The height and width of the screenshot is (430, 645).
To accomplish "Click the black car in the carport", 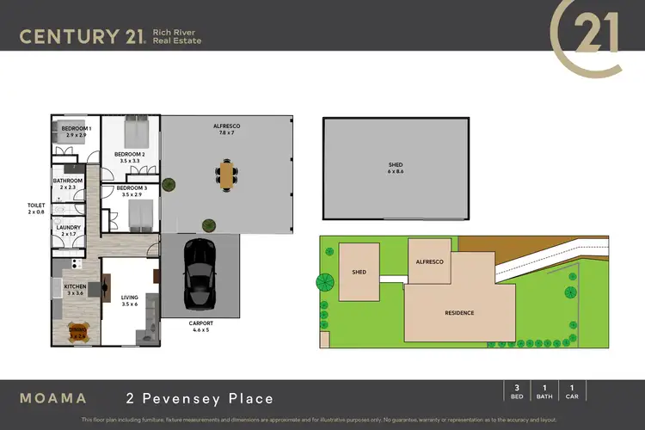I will pos(200,270).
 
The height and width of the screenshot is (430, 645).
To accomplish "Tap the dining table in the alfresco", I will pos(227,175).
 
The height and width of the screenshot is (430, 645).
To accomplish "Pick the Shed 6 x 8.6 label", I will pos(396,168).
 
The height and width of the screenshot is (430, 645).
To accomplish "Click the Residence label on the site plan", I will pos(458,313).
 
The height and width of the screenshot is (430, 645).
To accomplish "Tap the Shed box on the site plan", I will pos(359,272).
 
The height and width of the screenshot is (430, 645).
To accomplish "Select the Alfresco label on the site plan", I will pos(430,261).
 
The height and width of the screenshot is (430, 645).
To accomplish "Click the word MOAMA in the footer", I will pos(53,398).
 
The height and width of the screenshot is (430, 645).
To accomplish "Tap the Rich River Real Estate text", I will pos(176,36).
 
